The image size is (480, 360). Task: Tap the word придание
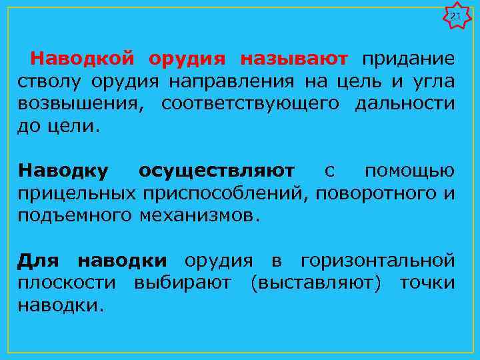[x=409, y=59]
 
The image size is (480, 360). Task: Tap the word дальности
[x=405, y=104]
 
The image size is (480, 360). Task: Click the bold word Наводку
[x=63, y=171]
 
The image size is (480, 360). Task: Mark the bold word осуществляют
[x=216, y=171]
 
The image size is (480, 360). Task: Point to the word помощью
[x=409, y=171]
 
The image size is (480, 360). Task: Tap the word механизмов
[x=198, y=216]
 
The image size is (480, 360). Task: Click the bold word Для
[x=39, y=260]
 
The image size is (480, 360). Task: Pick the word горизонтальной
[x=377, y=260]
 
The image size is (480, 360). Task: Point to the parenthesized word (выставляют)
[x=316, y=283]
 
